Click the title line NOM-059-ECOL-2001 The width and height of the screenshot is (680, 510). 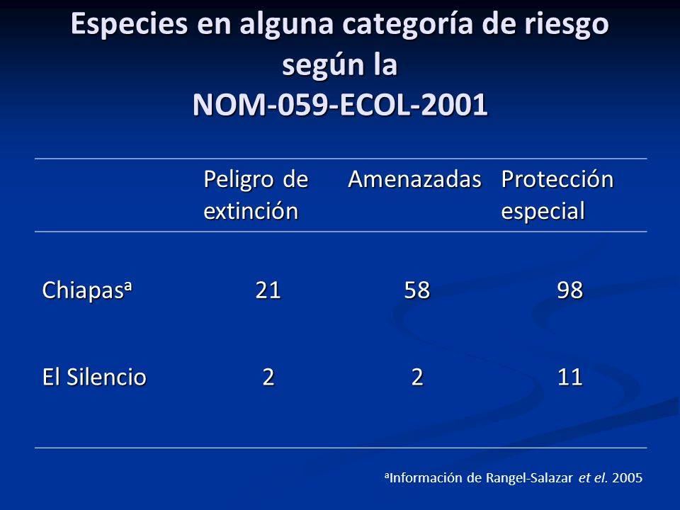click(x=340, y=105)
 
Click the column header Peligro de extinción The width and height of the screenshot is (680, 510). click(x=256, y=195)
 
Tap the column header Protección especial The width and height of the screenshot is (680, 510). click(x=557, y=195)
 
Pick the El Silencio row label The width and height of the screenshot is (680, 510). click(x=94, y=377)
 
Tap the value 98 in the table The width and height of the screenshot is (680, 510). click(x=571, y=290)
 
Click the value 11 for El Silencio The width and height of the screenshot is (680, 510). click(x=571, y=377)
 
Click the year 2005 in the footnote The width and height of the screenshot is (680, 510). click(x=628, y=477)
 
